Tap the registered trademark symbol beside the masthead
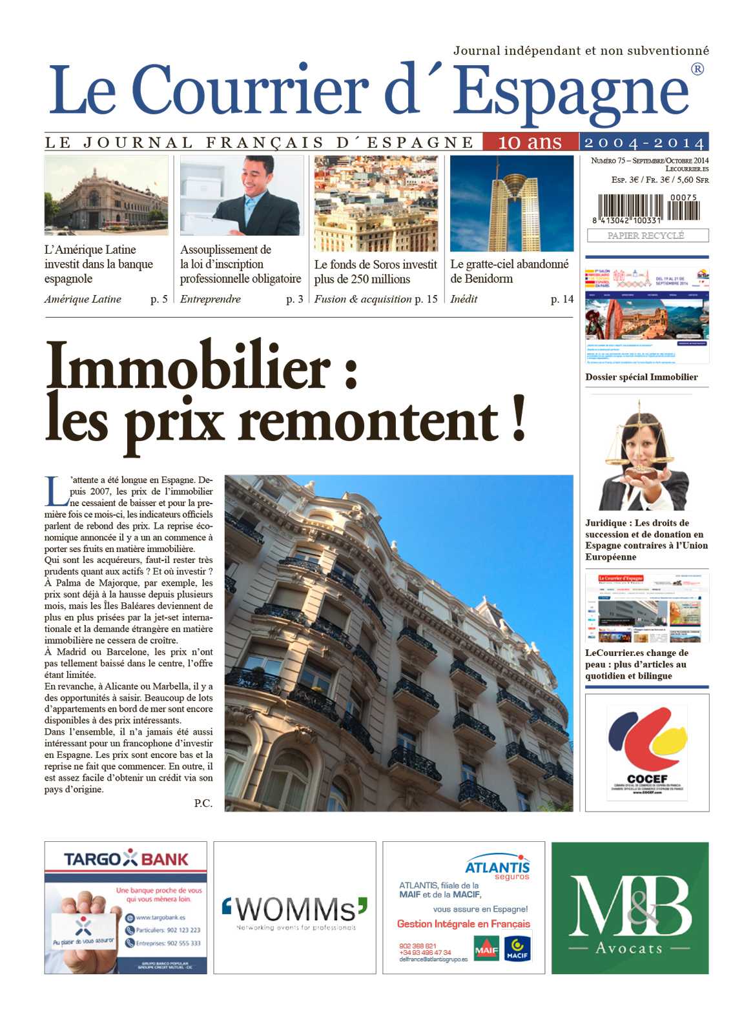point(697,69)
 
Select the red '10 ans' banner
point(530,142)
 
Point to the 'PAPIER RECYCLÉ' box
point(647,236)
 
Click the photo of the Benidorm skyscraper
point(511,203)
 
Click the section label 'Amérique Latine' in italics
point(83,299)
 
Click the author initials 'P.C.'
point(203,803)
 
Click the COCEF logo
point(647,749)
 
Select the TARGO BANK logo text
point(126,859)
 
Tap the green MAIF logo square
point(486,949)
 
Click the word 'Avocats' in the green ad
point(629,948)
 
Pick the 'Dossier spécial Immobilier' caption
point(641,377)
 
